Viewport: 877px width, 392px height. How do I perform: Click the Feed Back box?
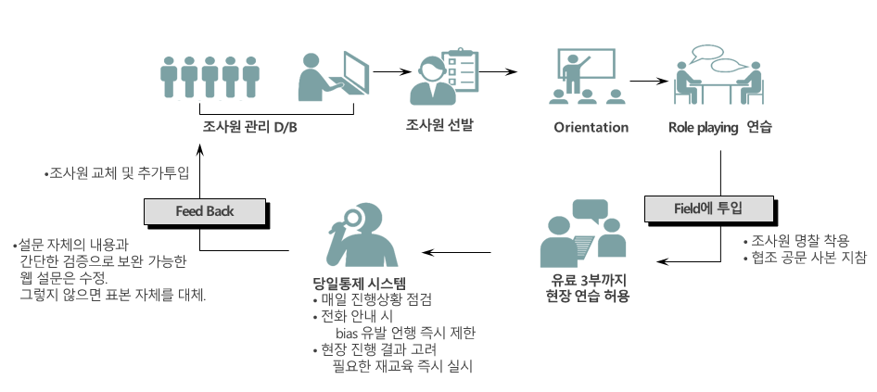pos(204,211)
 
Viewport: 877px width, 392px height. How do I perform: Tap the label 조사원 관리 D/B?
pos(249,127)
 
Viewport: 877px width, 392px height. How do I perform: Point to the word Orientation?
pos(591,127)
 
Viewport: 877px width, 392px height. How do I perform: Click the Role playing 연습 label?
pos(720,127)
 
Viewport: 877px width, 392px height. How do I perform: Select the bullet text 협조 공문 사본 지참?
pos(807,258)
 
